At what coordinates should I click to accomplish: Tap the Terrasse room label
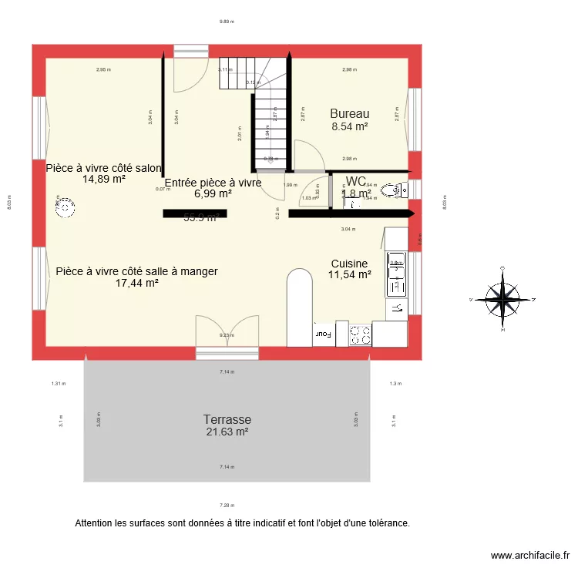pyautogui.click(x=227, y=419)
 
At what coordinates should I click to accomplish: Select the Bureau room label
pyautogui.click(x=349, y=113)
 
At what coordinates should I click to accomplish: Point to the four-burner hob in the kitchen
pyautogui.click(x=361, y=334)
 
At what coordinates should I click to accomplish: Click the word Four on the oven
pyautogui.click(x=322, y=334)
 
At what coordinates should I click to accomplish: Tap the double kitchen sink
pyautogui.click(x=395, y=273)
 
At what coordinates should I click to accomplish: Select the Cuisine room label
pyautogui.click(x=349, y=263)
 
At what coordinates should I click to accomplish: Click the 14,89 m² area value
pyautogui.click(x=104, y=179)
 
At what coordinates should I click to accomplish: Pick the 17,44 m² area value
pyautogui.click(x=136, y=283)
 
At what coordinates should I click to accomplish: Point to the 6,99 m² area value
pyautogui.click(x=213, y=194)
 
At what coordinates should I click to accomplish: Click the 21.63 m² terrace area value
pyautogui.click(x=227, y=432)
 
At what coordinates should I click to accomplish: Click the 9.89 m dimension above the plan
pyautogui.click(x=226, y=22)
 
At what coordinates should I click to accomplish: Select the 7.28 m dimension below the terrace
pyautogui.click(x=226, y=505)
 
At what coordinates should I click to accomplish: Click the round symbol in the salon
pyautogui.click(x=66, y=207)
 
